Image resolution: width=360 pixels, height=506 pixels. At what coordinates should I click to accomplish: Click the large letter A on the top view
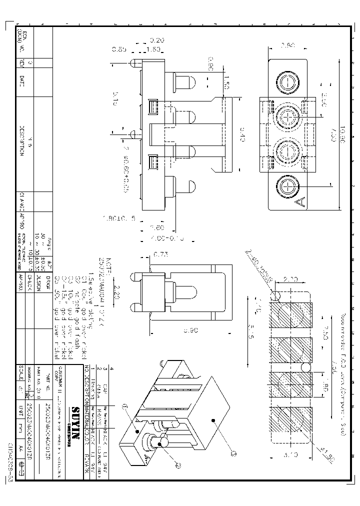[301, 202]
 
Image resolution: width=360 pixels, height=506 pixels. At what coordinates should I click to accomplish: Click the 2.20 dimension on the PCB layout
[290, 279]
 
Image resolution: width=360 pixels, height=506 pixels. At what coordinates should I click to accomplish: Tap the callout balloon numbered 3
[233, 453]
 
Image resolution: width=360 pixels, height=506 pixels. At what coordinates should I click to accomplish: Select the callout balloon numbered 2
[177, 463]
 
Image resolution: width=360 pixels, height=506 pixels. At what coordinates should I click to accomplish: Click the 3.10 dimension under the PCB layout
[290, 455]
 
